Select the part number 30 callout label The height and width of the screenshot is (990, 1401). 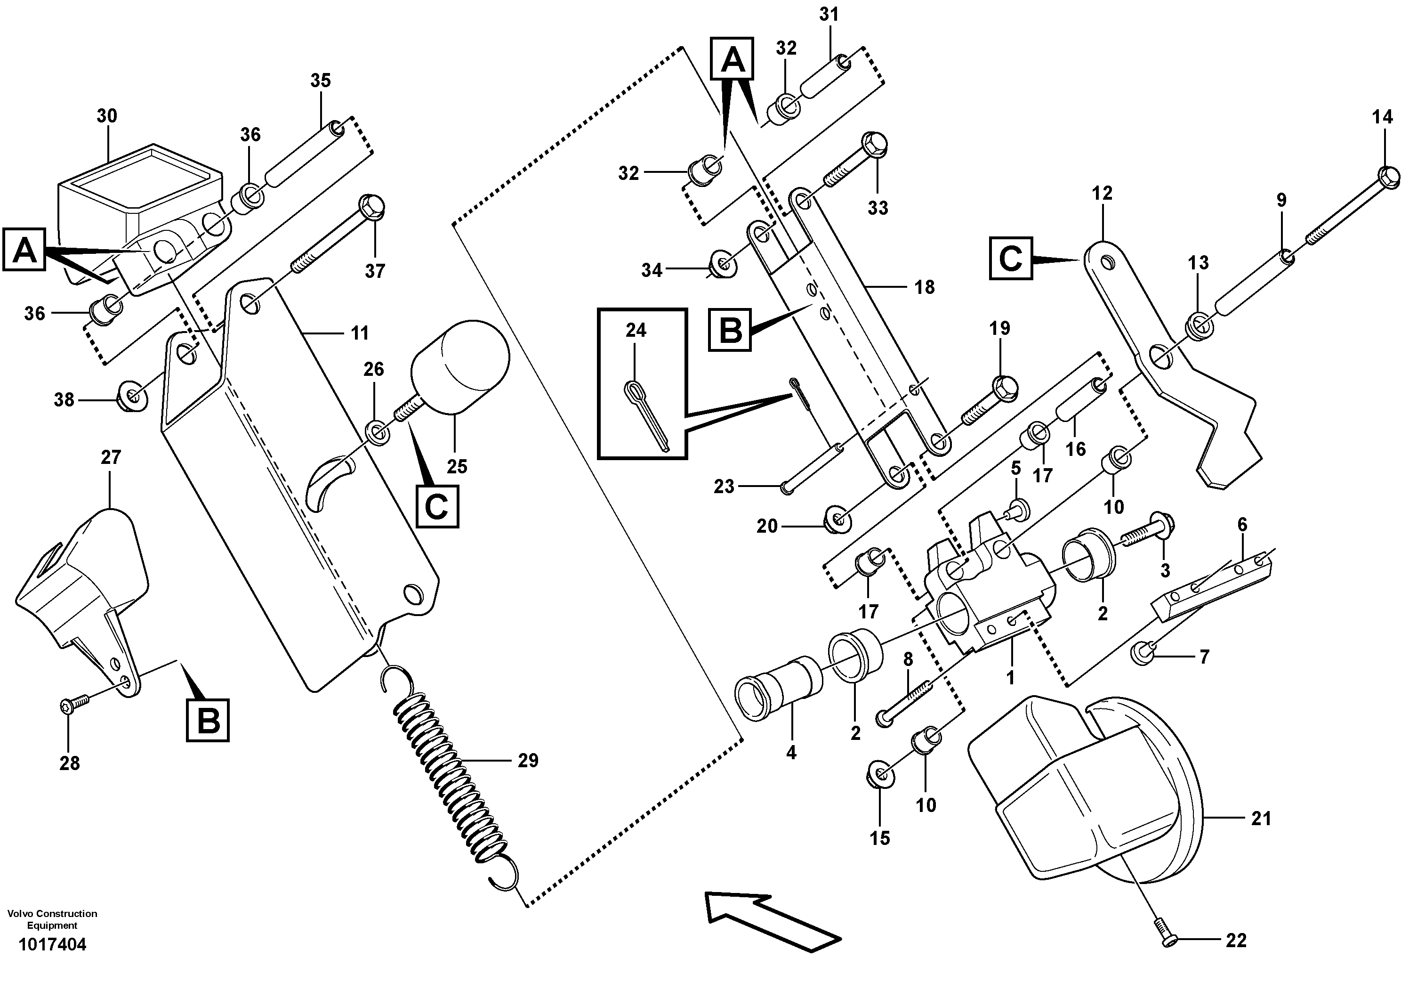pos(107,116)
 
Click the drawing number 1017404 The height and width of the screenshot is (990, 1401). pos(52,945)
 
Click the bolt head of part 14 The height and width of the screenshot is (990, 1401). pos(1388,177)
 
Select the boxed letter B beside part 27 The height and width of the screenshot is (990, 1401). pos(208,721)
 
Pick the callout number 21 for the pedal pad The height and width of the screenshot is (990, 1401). pos(1261,819)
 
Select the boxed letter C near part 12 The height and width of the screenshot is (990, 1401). pos(1010,259)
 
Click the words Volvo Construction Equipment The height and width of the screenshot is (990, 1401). pos(52,919)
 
